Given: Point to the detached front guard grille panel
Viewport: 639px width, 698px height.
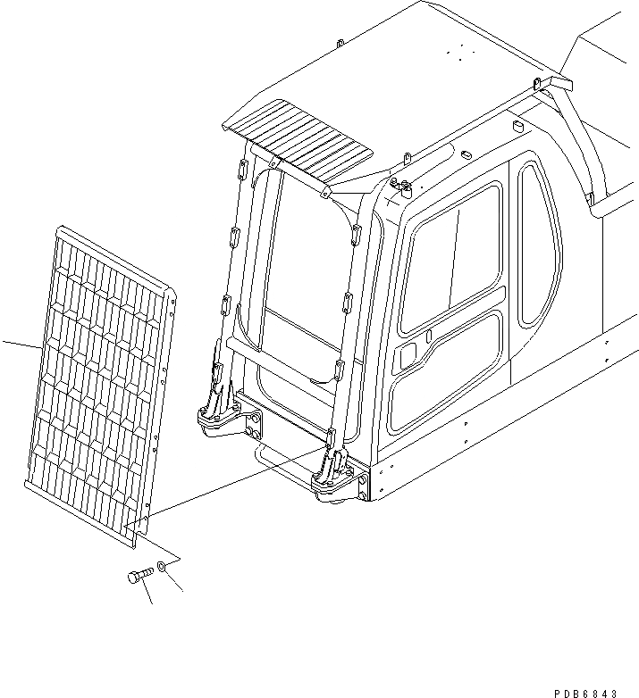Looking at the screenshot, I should tap(98, 384).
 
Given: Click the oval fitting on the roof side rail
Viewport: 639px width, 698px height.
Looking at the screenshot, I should tap(466, 154).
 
